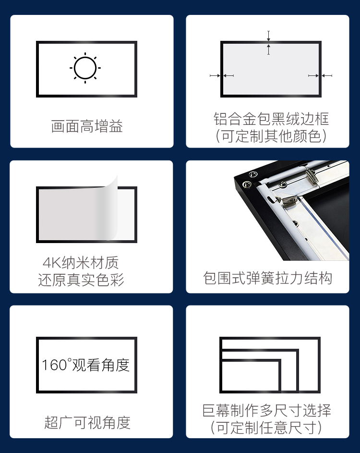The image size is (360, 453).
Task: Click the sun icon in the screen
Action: [x=85, y=68]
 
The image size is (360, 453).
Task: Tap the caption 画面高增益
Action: [x=87, y=126]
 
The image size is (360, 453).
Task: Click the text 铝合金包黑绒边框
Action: [x=271, y=119]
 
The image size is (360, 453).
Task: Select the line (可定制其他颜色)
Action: [x=271, y=136]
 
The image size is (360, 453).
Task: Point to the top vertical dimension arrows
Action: [x=268, y=42]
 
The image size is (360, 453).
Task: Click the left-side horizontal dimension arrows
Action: [x=222, y=76]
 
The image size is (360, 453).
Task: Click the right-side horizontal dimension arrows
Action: [x=320, y=76]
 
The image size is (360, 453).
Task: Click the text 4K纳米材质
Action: [x=81, y=263]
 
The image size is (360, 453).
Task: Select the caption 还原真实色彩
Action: [x=81, y=280]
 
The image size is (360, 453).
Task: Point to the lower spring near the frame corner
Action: [x=289, y=200]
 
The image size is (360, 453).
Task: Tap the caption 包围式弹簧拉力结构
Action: [x=268, y=278]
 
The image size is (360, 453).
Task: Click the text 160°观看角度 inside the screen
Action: [x=86, y=365]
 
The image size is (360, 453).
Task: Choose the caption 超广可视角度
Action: [x=87, y=422]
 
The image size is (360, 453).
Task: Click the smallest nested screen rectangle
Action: [x=251, y=376]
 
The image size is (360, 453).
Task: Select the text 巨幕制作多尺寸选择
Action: [x=267, y=411]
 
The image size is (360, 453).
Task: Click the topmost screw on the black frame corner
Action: [x=253, y=174]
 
